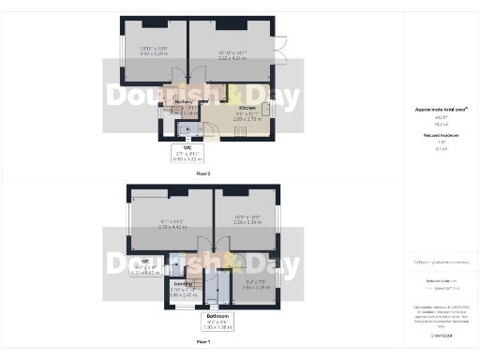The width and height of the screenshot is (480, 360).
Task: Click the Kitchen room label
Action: click(x=247, y=108)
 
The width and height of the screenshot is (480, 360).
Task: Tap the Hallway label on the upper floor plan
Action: click(x=183, y=101)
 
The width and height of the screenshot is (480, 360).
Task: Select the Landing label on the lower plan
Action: click(x=183, y=282)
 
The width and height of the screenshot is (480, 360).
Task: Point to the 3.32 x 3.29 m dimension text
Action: click(x=154, y=54)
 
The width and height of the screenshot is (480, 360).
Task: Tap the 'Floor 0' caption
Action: click(x=203, y=174)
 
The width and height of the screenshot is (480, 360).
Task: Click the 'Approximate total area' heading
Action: click(x=441, y=109)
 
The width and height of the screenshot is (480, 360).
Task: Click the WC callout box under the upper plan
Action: click(x=188, y=156)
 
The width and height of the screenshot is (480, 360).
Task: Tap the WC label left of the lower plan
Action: click(x=145, y=261)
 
